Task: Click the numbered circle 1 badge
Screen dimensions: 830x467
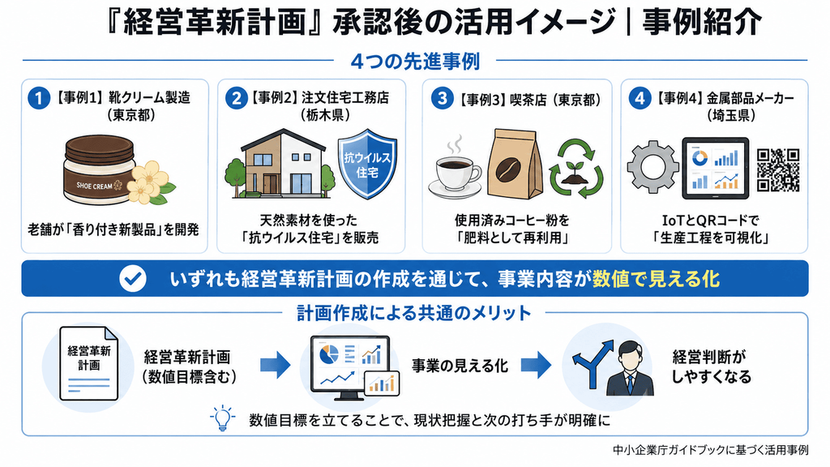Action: coord(39,98)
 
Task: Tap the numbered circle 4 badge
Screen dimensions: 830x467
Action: coord(640,98)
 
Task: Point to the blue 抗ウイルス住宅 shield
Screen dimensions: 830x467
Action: coord(367,164)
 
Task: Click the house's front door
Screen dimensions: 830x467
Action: coord(270,184)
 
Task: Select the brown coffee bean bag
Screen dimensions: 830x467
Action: coord(514,165)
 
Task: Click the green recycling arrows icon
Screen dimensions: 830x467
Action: coord(576,169)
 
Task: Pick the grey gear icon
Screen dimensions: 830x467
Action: coord(652,167)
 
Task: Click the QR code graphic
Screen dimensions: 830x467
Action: coord(778,169)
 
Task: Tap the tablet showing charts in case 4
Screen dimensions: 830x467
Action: coord(715,169)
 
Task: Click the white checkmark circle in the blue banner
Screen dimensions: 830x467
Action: coord(132,279)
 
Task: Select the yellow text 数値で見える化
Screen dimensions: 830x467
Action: coord(656,279)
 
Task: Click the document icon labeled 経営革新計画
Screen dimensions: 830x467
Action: coord(88,363)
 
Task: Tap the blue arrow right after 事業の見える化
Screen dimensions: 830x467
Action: coord(536,365)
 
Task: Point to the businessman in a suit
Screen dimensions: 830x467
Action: coord(630,369)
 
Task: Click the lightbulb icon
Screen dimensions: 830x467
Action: coord(222,418)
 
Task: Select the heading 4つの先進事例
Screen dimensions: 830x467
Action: coord(415,62)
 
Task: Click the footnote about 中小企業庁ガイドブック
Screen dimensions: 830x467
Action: coord(710,450)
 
